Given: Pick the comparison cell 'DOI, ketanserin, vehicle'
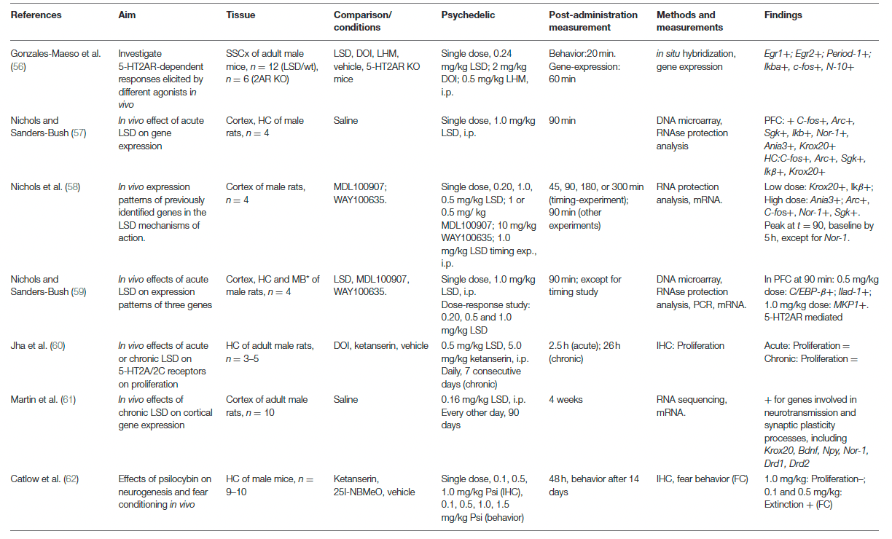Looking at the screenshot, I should click(x=381, y=346).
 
